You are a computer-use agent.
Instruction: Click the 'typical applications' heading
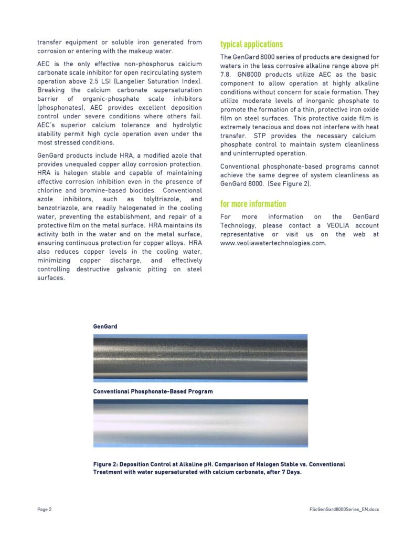pyautogui.click(x=251, y=45)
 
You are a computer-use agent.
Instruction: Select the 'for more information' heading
pyautogui.click(x=253, y=204)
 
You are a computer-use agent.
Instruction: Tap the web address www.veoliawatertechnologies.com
pyautogui.click(x=273, y=243)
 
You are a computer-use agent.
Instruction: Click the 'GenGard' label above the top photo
pyautogui.click(x=105, y=327)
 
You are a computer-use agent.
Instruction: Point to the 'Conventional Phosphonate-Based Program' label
pyautogui.click(x=153, y=391)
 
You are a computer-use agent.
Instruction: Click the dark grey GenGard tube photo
pyautogui.click(x=200, y=358)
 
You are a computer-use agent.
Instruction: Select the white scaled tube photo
pyautogui.click(x=200, y=423)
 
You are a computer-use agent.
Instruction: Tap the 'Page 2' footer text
pyautogui.click(x=44, y=510)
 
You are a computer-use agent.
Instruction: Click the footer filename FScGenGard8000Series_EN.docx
pyautogui.click(x=344, y=510)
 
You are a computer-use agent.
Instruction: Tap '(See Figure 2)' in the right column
pyautogui.click(x=273, y=184)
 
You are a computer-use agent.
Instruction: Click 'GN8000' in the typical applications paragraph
pyautogui.click(x=250, y=75)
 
